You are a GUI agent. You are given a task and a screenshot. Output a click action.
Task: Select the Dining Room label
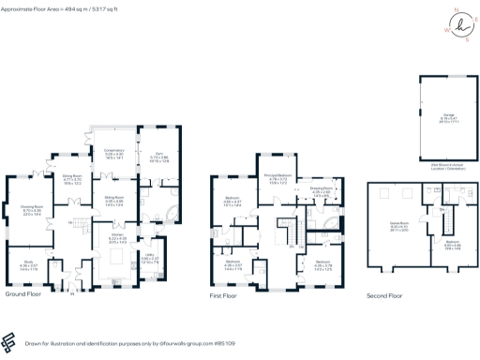pyautogui.click(x=73, y=175)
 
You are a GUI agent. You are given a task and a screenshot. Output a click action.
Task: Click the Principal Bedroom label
pyautogui.click(x=279, y=176)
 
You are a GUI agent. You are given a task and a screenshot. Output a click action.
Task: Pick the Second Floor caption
pyautogui.click(x=386, y=294)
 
